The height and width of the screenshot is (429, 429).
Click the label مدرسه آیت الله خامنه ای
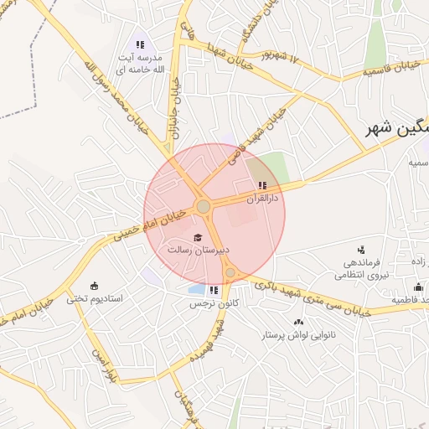[x=138, y=63]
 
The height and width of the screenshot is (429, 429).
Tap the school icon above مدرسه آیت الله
[x=140, y=44]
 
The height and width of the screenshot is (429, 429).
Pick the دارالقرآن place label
[x=261, y=199]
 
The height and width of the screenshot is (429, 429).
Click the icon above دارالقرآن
[x=262, y=185]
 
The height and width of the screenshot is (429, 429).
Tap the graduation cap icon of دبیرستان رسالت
[x=199, y=237]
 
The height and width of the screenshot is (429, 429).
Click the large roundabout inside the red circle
[x=203, y=206]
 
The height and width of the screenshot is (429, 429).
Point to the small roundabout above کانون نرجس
[x=230, y=272]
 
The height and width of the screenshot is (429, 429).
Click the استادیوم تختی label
[x=95, y=298]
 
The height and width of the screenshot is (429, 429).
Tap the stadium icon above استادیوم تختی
[x=94, y=285]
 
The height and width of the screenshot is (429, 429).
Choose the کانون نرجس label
[x=211, y=303]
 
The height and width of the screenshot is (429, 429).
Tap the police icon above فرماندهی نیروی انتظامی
[x=361, y=249]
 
